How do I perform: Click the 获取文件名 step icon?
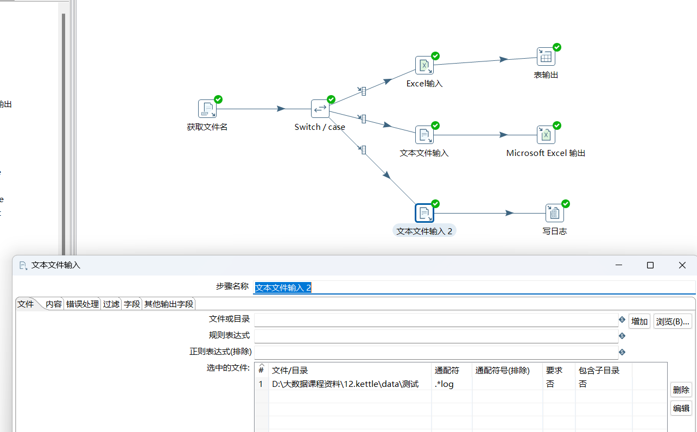tap(207, 109)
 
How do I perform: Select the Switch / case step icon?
tap(320, 109)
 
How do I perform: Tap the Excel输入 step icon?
tap(424, 65)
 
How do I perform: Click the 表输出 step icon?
tap(546, 57)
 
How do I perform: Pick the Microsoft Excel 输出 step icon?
tap(546, 135)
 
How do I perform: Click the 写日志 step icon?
tap(554, 213)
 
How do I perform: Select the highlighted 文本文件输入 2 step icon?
tap(424, 213)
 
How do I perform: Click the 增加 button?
tap(639, 322)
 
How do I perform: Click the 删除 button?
tap(681, 390)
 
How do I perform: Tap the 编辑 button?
tap(681, 408)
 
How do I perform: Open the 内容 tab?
tap(54, 304)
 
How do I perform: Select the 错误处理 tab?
tap(83, 304)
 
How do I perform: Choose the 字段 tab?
tap(131, 304)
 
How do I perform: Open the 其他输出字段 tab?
tap(169, 304)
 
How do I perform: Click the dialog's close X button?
tap(682, 265)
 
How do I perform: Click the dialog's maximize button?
tap(650, 265)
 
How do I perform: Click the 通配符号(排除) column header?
tap(502, 371)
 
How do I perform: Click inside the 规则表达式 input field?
tap(436, 336)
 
